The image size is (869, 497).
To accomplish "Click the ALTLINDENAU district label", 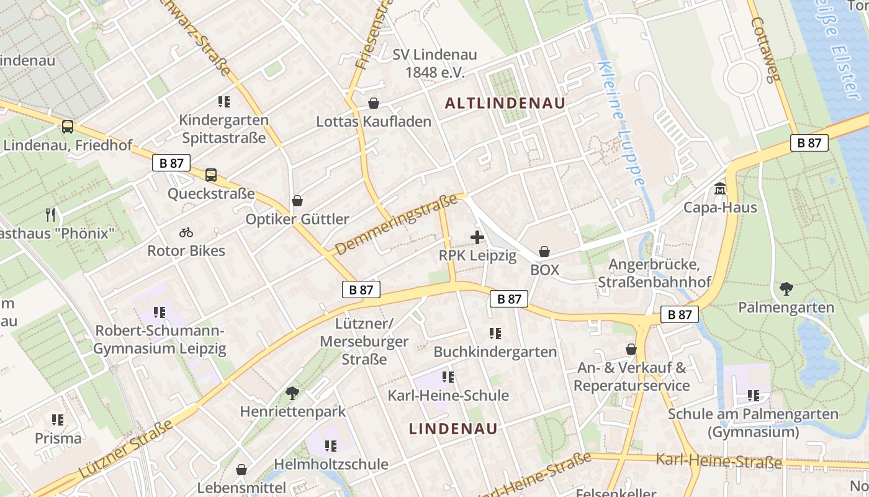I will pos(505,104).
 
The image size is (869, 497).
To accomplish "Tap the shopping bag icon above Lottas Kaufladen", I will pos(374,103).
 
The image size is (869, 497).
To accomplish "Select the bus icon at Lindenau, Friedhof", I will pos(68,127).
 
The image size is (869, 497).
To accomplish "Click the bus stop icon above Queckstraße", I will pos(211,175).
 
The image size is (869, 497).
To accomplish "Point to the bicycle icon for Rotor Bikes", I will pos(186,233).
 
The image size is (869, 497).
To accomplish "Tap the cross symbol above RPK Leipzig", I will pos(477,237).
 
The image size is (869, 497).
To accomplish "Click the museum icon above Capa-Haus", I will pos(720,188).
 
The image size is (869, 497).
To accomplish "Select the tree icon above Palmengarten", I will pos(786,289).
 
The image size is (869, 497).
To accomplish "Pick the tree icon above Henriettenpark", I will pos(292,393).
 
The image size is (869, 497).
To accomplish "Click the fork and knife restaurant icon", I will pos(51,216).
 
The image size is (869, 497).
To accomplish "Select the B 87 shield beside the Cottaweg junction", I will pos(809,143).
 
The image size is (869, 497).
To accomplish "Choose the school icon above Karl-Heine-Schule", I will pos(448,377).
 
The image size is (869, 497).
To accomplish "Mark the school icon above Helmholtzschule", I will pos(331,445).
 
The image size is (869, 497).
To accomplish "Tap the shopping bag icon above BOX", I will pos(544,252).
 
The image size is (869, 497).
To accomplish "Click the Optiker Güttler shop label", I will pos(297,219).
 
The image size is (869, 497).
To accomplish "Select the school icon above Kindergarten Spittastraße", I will pos(224,101).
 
